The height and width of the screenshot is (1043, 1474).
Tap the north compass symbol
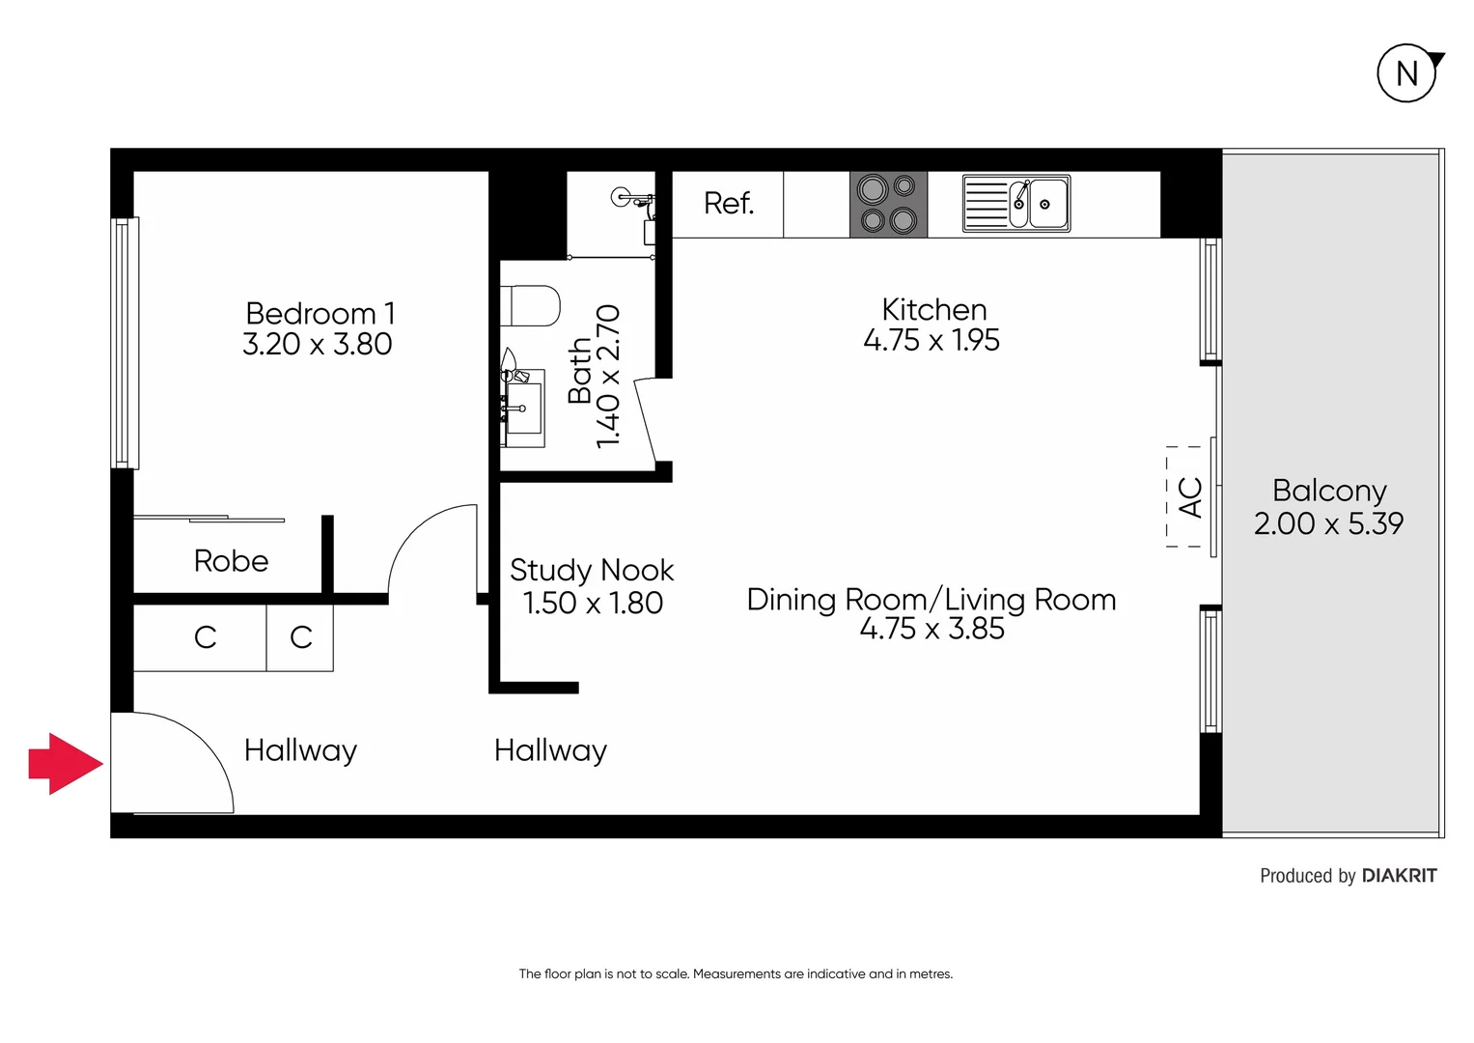1407,73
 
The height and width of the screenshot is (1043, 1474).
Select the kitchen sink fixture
1016,204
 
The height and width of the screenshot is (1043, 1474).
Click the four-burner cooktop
888,204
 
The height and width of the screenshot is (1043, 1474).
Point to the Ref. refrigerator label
728,204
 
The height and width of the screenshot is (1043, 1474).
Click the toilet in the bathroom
530,306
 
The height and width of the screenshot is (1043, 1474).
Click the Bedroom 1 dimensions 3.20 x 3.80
318,345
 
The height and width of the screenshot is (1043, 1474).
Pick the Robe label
231,561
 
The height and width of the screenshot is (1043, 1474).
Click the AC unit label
1190,497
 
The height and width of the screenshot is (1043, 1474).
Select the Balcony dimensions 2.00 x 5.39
1328,523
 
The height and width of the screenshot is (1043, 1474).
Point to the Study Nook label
592,571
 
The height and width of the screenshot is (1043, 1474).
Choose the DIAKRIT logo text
1399,876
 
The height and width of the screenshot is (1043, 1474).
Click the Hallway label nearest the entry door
300,751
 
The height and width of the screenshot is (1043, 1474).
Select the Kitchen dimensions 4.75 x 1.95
932,341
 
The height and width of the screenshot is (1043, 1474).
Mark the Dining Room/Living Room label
932,600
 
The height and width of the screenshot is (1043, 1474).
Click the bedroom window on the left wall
122,343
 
